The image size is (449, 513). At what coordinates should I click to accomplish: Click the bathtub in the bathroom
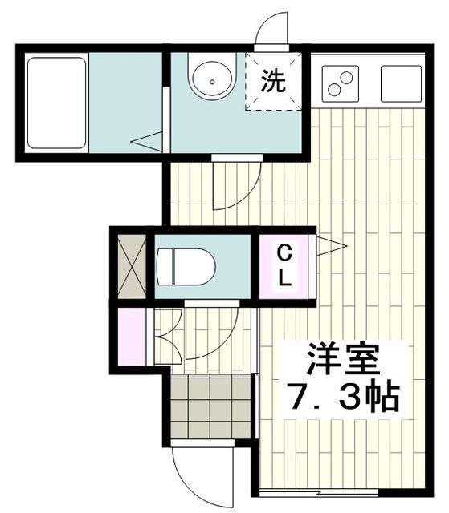click(56, 102)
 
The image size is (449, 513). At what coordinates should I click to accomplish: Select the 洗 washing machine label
click(273, 81)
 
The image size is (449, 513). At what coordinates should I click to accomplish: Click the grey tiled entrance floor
click(210, 408)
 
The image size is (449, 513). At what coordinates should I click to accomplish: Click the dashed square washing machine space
click(275, 81)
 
